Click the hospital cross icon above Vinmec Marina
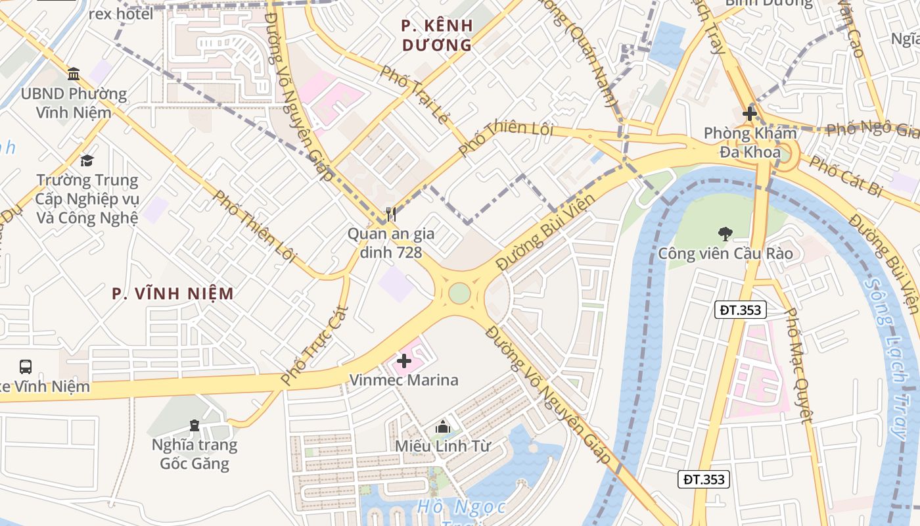click(x=404, y=360)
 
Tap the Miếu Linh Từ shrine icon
click(x=443, y=427)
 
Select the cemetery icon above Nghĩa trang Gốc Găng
click(x=194, y=425)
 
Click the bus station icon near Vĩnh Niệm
click(x=26, y=366)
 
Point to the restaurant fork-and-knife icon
click(x=391, y=214)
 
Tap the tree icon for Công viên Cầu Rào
click(x=725, y=233)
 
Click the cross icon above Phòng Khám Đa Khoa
click(x=749, y=114)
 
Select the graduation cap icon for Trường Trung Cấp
click(x=87, y=160)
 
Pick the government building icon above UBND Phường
click(x=74, y=73)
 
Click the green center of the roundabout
click(x=459, y=293)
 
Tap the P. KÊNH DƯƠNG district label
click(x=437, y=36)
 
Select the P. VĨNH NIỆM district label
click(x=173, y=293)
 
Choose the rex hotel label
click(x=121, y=14)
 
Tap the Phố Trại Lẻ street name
click(x=414, y=96)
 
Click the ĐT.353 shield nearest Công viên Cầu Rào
click(x=741, y=310)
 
